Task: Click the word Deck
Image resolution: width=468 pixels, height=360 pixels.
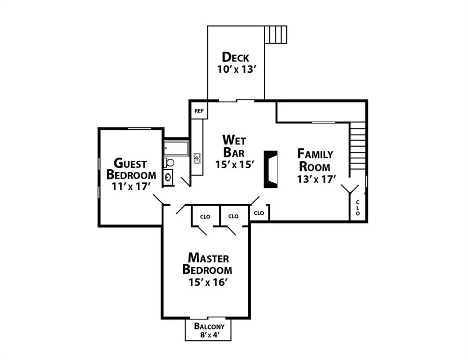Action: click(235, 57)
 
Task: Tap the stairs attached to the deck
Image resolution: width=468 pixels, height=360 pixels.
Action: click(275, 35)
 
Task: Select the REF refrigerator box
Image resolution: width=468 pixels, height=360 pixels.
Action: click(199, 111)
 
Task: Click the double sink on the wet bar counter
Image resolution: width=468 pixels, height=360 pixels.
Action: click(197, 159)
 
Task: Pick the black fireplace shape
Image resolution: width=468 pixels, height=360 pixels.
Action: click(271, 169)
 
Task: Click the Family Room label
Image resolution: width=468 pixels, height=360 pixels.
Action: click(315, 160)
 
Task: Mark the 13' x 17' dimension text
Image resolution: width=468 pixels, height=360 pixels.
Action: click(315, 179)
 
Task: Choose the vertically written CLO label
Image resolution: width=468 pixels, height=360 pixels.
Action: click(357, 208)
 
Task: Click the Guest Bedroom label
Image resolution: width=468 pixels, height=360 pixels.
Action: click(131, 169)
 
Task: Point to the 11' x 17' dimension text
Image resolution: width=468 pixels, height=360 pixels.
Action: click(131, 186)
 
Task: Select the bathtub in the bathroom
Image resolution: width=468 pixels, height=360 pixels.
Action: click(176, 149)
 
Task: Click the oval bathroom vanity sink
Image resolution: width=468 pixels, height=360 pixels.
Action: click(168, 178)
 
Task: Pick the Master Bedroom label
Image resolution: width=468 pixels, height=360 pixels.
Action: click(207, 264)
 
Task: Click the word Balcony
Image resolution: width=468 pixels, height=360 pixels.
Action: click(209, 326)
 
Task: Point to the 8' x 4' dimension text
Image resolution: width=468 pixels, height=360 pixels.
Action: click(209, 335)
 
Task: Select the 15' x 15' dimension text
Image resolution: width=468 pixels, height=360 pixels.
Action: click(234, 165)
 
